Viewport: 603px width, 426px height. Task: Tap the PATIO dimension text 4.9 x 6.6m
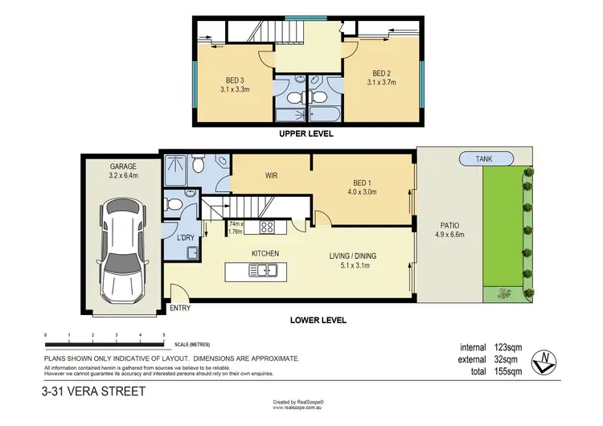(x=449, y=237)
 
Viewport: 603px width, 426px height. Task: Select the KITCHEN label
(x=265, y=254)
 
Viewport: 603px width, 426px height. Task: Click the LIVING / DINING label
(x=353, y=257)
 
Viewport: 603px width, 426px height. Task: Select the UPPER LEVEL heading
(x=306, y=134)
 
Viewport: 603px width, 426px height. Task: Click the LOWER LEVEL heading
(x=318, y=320)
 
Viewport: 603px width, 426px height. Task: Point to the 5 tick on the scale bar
(x=164, y=334)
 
